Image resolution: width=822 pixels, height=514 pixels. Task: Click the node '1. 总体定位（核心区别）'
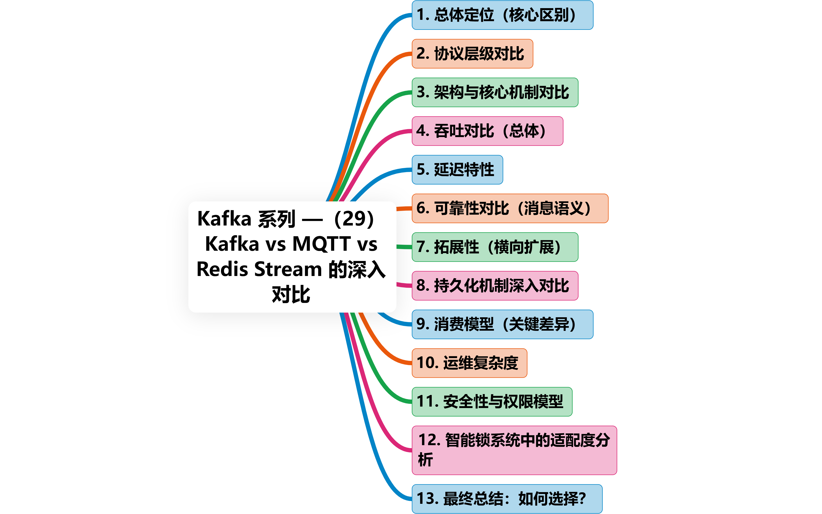[x=502, y=15]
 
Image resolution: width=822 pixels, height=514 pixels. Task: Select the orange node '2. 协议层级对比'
[x=472, y=54]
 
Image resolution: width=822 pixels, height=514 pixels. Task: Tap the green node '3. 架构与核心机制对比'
[x=495, y=92]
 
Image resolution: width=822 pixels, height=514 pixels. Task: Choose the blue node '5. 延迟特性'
[x=457, y=170]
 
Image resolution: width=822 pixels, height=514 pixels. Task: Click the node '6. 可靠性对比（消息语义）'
[x=510, y=208]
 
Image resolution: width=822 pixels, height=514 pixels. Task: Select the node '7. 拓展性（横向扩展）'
[x=495, y=247]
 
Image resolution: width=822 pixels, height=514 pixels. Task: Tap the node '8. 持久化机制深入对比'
[x=495, y=286]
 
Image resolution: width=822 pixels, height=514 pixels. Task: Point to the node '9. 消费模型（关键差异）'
[x=502, y=324]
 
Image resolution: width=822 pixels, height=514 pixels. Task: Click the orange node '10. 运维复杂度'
[x=469, y=363]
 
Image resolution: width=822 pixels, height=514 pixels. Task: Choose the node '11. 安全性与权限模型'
[x=492, y=402]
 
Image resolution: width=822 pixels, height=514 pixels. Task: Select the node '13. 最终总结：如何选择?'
[x=507, y=499]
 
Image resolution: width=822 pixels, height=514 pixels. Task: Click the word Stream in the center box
[x=288, y=269]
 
